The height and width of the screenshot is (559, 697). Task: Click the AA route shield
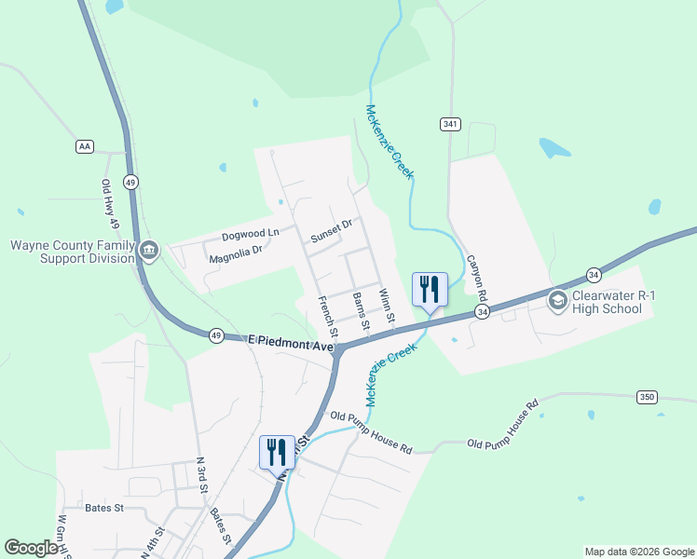(86, 147)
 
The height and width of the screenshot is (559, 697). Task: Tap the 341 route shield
(450, 124)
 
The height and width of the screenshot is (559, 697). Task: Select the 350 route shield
(648, 397)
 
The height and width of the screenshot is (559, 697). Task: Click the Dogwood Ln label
(250, 236)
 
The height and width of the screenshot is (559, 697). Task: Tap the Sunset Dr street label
(332, 230)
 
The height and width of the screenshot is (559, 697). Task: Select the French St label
(327, 317)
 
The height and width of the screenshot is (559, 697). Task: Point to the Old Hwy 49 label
(109, 205)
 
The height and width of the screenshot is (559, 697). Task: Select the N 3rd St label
(200, 474)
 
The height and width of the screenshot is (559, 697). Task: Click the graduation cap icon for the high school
(557, 299)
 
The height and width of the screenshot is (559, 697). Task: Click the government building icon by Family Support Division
(148, 251)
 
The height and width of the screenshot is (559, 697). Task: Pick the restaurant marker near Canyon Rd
(430, 289)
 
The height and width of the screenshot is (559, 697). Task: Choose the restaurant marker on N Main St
(277, 452)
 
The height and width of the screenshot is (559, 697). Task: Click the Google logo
(32, 548)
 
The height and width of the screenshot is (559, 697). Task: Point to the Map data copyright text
(638, 552)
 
